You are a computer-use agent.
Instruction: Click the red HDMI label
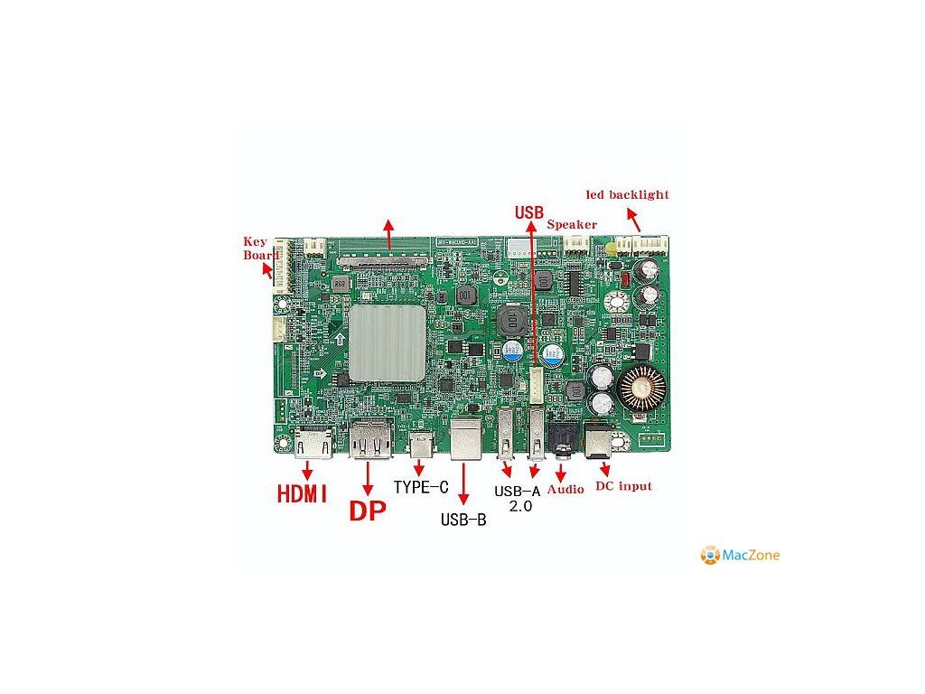tap(302, 495)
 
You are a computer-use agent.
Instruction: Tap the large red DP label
tap(368, 511)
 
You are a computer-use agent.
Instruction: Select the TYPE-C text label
tap(421, 488)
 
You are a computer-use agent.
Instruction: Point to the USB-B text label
tap(463, 520)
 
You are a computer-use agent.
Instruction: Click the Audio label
tap(565, 488)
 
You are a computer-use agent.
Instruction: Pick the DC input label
tap(623, 486)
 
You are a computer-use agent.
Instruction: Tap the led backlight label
tap(627, 194)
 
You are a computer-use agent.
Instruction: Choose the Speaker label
tap(572, 224)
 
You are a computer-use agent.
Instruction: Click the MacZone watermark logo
tap(740, 555)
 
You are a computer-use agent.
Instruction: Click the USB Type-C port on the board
tap(422, 445)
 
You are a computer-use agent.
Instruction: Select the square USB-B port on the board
tap(466, 440)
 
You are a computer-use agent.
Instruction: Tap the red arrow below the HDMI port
tap(308, 470)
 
